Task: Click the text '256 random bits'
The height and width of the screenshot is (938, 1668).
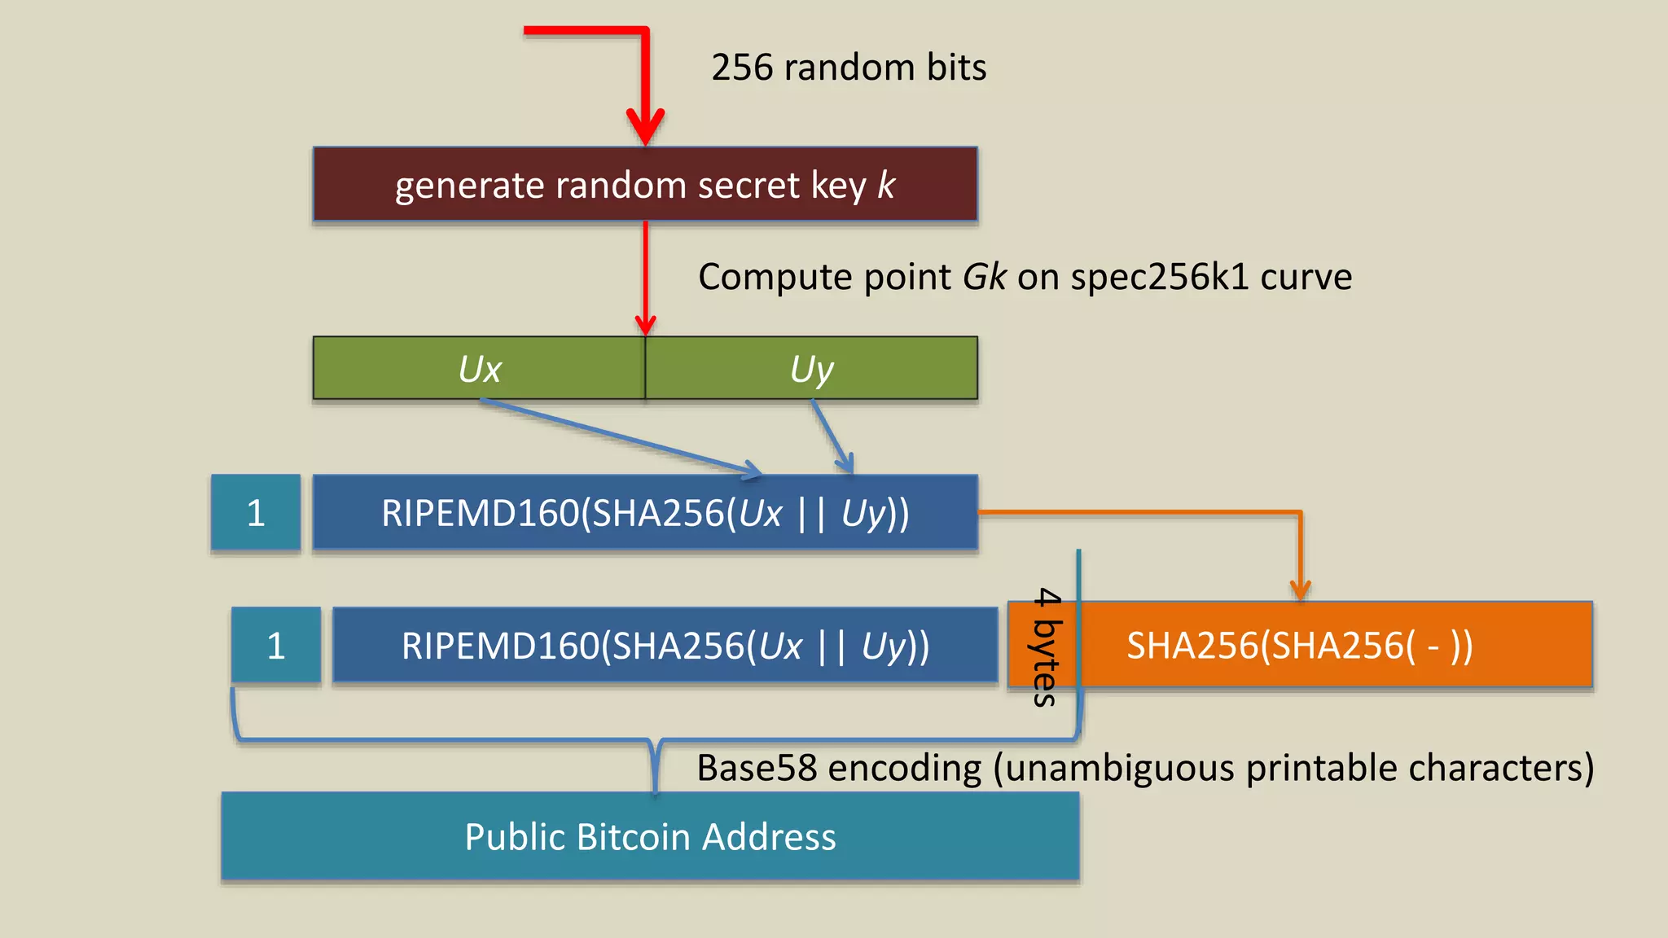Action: coord(848,68)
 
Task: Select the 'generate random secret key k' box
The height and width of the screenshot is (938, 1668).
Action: coord(645,185)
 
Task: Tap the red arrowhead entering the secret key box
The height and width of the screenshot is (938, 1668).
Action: coord(645,129)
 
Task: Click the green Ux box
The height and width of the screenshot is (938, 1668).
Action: coord(479,369)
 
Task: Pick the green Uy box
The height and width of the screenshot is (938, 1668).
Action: coord(811,369)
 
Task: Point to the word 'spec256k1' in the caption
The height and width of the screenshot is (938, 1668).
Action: coord(1160,278)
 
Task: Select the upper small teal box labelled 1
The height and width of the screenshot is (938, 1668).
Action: coord(256,513)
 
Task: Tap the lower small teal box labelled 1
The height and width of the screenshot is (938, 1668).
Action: coord(275,646)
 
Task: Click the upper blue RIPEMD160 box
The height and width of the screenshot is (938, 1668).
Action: coord(645,513)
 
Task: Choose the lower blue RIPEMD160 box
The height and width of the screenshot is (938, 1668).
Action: coord(665,646)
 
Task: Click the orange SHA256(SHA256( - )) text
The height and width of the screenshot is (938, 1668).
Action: coord(1299,646)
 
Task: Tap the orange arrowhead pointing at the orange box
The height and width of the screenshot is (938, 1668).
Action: coord(1300,590)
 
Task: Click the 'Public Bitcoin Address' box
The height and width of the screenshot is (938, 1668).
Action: coord(650,837)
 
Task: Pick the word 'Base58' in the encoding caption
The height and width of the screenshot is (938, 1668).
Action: coord(756,768)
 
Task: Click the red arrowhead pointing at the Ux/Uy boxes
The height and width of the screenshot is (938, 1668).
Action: coord(645,324)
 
